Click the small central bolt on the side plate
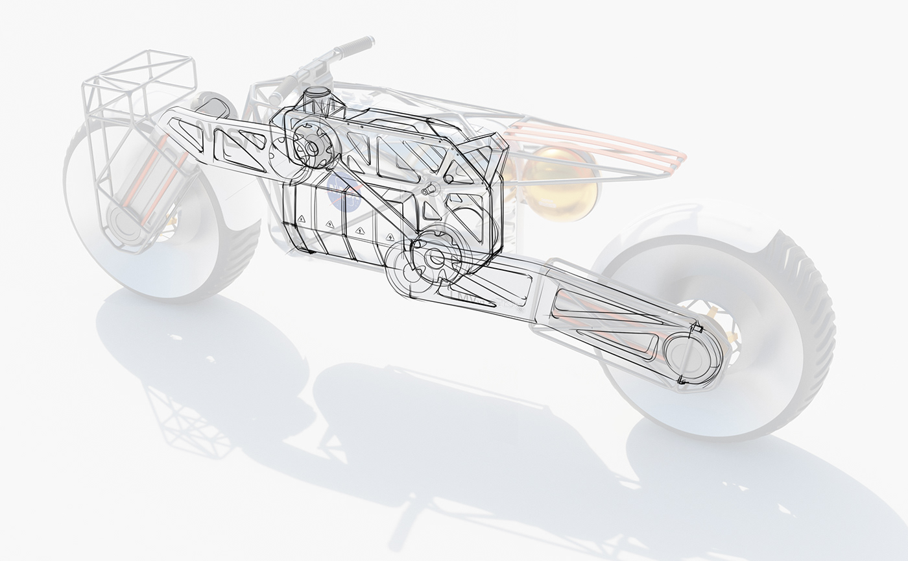tap(427, 189)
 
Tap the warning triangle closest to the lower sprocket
tap(390, 236)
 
